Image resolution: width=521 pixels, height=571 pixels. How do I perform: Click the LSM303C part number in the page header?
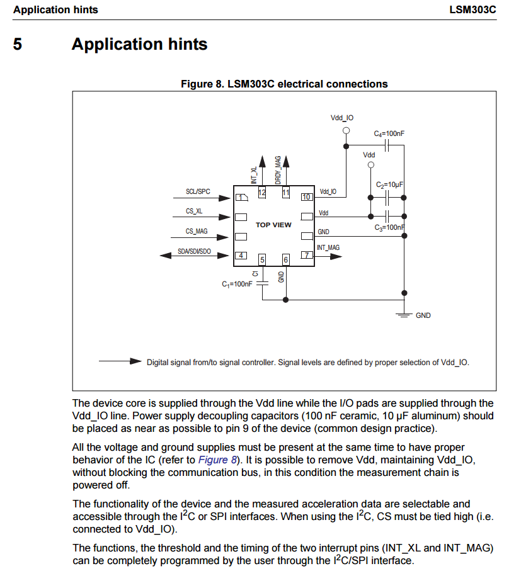(473, 10)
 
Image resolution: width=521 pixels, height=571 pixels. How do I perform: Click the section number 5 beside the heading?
(18, 45)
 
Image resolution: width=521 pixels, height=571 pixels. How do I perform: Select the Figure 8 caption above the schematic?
(284, 84)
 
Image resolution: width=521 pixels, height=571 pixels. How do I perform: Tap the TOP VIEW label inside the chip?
(273, 225)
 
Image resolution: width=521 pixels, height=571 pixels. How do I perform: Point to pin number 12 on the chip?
(261, 192)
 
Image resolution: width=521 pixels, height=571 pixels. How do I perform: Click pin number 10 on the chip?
(307, 197)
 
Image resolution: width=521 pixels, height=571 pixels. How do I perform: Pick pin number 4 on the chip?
(241, 255)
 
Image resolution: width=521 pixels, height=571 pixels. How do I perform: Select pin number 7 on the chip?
(307, 255)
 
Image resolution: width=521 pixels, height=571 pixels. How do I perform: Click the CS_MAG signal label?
(197, 231)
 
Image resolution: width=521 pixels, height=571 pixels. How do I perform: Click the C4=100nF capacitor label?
(389, 133)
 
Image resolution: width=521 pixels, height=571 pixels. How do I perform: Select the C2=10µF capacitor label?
(389, 185)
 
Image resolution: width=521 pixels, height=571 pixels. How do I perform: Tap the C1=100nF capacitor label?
(237, 284)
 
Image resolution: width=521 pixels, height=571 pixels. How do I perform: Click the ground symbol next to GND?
(404, 314)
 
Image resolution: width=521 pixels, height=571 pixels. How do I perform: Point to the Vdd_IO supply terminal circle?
(345, 131)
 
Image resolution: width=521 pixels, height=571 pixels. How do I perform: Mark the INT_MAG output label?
(328, 247)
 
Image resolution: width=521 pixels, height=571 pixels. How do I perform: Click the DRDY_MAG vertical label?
(278, 170)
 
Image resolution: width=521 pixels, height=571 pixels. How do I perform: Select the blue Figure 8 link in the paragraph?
(217, 460)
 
